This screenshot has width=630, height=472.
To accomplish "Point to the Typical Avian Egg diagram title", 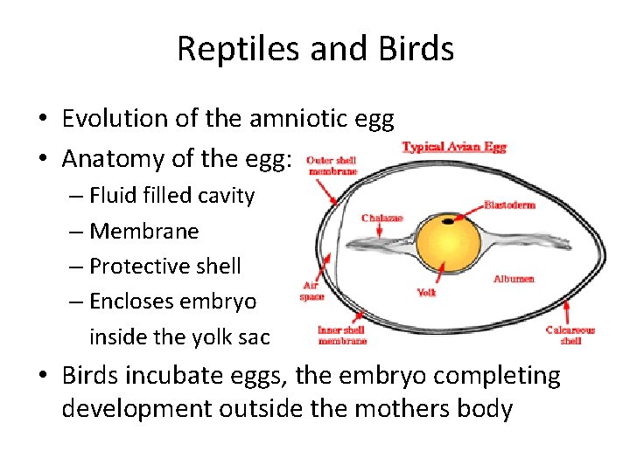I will click(x=453, y=147).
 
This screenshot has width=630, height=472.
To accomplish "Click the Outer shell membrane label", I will click(x=332, y=166).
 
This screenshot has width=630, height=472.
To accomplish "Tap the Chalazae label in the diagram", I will click(x=381, y=217).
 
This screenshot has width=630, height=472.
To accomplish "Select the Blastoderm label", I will click(x=512, y=205).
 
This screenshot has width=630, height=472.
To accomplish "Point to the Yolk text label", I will click(x=426, y=293).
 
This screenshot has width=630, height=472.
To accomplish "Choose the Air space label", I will click(x=311, y=291).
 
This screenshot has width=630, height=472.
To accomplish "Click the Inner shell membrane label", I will click(x=342, y=336).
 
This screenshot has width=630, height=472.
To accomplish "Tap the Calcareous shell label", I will click(x=570, y=336).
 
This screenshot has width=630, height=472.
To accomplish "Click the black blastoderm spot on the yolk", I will click(x=448, y=222).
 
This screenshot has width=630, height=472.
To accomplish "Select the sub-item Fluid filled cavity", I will click(x=171, y=195).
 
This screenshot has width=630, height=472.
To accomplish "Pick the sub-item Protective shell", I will click(x=164, y=266).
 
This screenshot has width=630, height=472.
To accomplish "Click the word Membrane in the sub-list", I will click(x=144, y=231).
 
